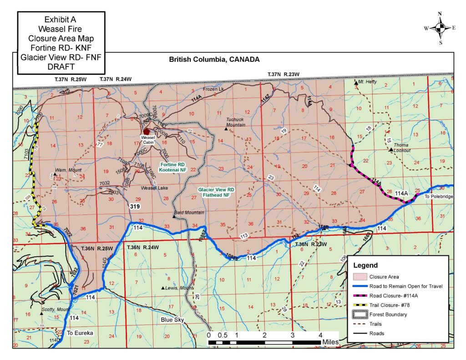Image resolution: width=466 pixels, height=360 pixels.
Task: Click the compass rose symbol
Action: pos(440,28)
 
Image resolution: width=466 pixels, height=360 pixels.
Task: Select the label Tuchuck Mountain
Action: pos(236,122)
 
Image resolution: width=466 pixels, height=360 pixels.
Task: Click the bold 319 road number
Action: pos(135,206)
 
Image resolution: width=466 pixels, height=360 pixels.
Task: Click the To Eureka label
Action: pos(80,333)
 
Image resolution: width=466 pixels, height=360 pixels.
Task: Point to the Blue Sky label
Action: pos(172,320)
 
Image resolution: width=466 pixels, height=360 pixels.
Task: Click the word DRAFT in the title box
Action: pos(61,66)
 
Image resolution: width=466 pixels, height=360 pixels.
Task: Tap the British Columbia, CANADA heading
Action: pos(214,60)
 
